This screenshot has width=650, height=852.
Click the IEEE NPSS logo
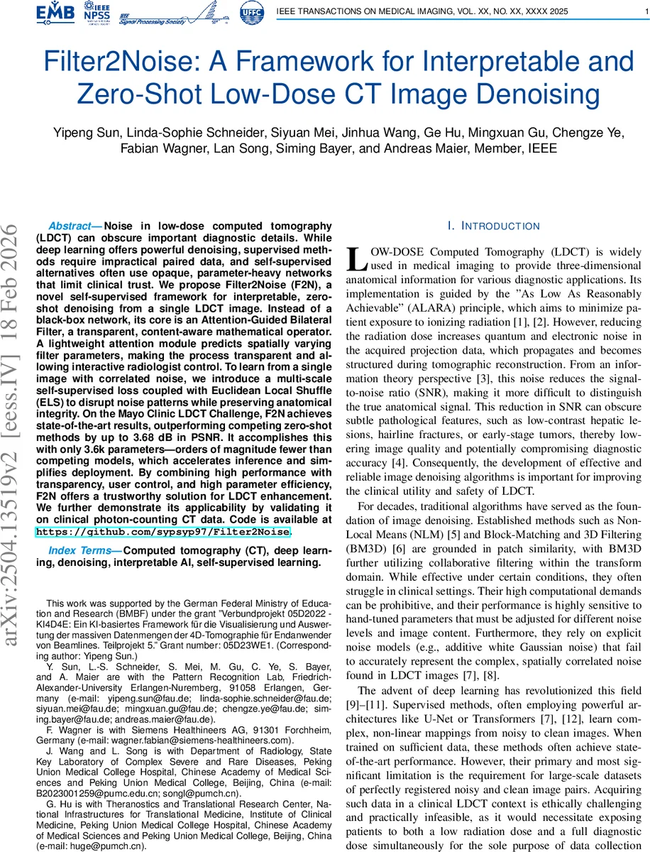click(96, 13)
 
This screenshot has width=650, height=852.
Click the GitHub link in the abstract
click(162, 532)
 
